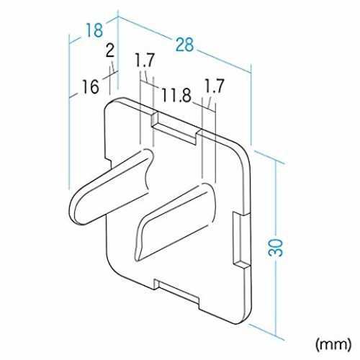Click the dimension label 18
[94, 30]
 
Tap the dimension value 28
[184, 45]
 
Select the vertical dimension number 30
[276, 248]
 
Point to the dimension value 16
[90, 86]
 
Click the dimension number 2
[110, 51]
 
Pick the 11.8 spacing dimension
[176, 95]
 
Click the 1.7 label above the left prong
[144, 60]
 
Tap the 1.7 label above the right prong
[214, 86]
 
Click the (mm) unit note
[333, 344]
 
